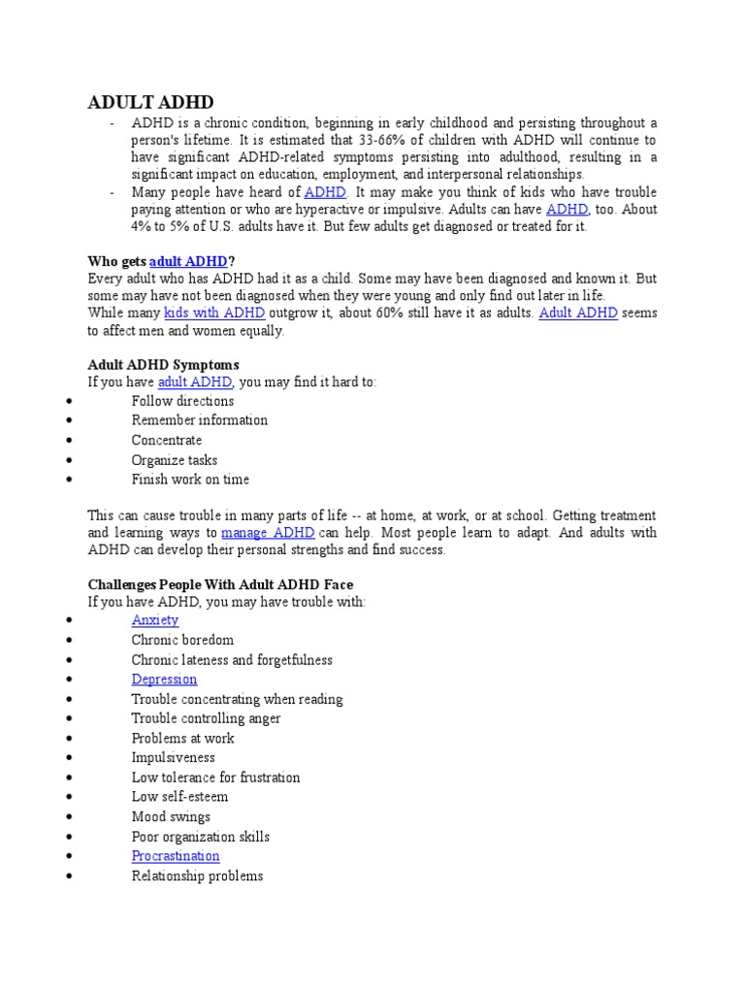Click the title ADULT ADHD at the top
point(150,102)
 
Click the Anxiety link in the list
point(155,620)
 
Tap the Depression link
point(164,679)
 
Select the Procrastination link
point(176,856)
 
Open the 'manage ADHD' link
point(268,533)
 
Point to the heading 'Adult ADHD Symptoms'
point(163,365)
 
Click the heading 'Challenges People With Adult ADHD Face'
point(220,584)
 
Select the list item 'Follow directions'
point(182,401)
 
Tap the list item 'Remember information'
point(200,420)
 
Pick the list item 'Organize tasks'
point(175,460)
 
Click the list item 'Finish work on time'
point(190,480)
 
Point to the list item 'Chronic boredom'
point(182,641)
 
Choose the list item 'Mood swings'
point(171,816)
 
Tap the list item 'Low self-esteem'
point(179,797)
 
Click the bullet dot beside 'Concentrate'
point(69,441)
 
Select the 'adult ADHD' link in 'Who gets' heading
point(188,261)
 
